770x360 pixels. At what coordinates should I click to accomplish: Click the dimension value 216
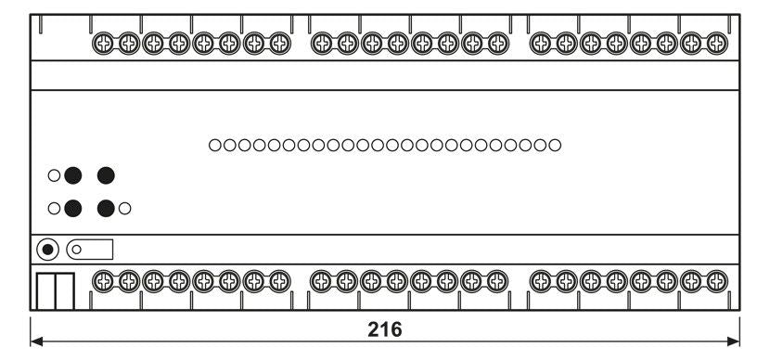coord(384,329)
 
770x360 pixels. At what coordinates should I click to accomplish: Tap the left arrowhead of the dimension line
coord(37,342)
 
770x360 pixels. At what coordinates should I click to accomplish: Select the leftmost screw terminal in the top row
coord(103,43)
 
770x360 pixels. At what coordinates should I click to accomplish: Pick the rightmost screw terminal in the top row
coord(716,43)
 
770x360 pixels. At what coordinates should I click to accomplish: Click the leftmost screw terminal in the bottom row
coord(103,279)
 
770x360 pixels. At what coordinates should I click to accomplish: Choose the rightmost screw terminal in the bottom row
coord(716,279)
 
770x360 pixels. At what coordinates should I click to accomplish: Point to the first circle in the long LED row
coord(215,145)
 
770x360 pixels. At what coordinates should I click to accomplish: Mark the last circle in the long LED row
coord(555,145)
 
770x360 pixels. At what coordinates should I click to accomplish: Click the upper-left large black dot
coord(73,175)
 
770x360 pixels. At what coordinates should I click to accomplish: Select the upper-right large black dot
coord(106,175)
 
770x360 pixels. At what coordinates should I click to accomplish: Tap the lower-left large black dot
coord(73,209)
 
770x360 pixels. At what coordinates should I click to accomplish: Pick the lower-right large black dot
coord(106,209)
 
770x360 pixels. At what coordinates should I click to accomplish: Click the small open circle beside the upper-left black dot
coord(55,175)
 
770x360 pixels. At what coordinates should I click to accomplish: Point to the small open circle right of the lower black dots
coord(124,209)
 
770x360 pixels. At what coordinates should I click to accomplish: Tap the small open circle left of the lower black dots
coord(55,209)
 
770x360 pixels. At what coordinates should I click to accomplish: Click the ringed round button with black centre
coord(47,250)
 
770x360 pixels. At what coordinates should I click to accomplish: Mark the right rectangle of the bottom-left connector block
coord(64,290)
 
